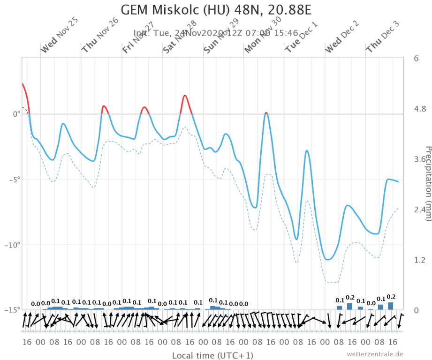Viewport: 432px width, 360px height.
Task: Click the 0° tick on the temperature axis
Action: pyautogui.click(x=16, y=114)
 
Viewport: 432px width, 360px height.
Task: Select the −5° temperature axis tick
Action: pyautogui.click(x=14, y=180)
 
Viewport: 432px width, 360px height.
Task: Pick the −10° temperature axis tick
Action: pyautogui.click(x=13, y=245)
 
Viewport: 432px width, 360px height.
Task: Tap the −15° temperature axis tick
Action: pyautogui.click(x=13, y=310)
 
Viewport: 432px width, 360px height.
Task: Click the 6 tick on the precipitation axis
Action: pyautogui.click(x=416, y=59)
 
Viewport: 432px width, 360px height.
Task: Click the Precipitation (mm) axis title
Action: pyautogui.click(x=427, y=183)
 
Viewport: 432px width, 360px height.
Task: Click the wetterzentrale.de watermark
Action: pyautogui.click(x=375, y=353)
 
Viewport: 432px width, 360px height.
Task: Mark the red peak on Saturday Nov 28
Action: pyautogui.click(x=185, y=96)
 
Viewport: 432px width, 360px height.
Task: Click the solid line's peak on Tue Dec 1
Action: pyautogui.click(x=307, y=150)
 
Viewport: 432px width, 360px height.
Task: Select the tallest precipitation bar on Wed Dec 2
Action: pyautogui.click(x=349, y=306)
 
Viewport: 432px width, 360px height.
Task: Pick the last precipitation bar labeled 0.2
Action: pyautogui.click(x=390, y=306)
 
